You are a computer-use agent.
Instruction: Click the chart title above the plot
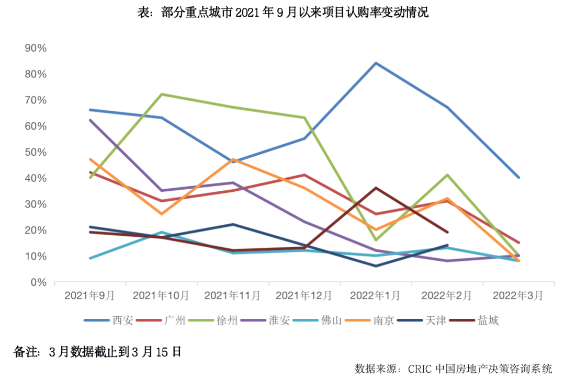[282, 13]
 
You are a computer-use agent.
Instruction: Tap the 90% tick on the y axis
[36, 48]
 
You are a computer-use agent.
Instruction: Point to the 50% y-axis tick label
[36, 152]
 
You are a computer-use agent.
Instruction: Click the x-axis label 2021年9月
[89, 296]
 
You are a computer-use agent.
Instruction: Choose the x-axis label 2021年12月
[304, 296]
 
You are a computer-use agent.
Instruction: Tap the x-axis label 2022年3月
[518, 296]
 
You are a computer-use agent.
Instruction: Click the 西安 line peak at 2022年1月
[376, 63]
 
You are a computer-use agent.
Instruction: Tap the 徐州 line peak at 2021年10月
[161, 94]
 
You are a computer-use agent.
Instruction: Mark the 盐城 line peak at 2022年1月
[376, 188]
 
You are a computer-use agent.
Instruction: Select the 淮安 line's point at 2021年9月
[90, 120]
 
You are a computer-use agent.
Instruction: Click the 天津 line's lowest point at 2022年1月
[376, 266]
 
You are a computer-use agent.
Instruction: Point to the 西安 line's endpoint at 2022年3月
[518, 178]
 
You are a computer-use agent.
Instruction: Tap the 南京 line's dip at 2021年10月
[161, 214]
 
